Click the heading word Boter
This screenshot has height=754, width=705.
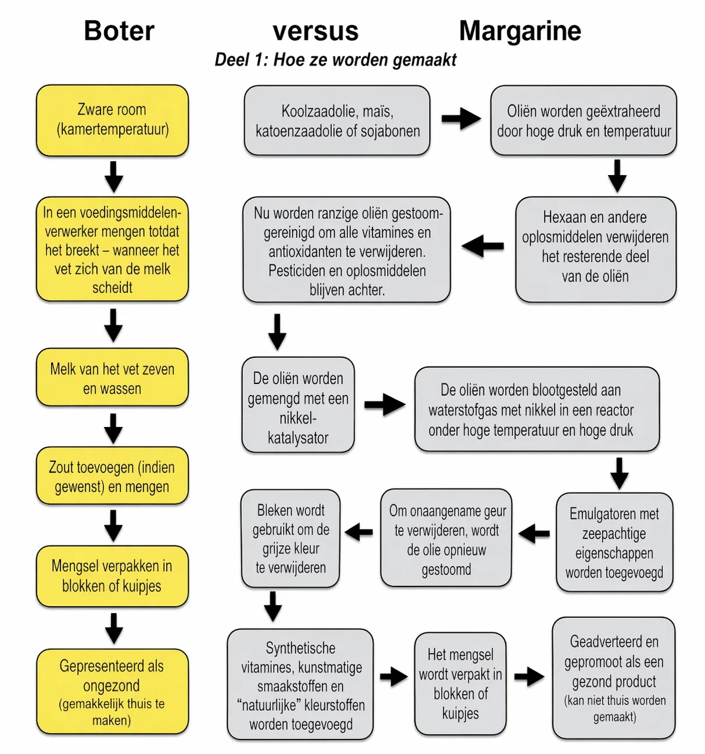[x=119, y=31]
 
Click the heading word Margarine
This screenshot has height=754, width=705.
[x=520, y=31]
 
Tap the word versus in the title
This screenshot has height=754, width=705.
[x=316, y=31]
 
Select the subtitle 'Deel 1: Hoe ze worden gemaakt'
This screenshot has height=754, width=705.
[x=335, y=59]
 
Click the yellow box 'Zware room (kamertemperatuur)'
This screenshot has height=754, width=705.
[x=112, y=120]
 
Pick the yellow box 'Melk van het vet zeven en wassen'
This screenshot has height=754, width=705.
[x=112, y=378]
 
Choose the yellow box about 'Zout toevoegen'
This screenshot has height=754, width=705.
[x=112, y=476]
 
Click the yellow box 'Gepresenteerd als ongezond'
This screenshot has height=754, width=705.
[x=112, y=692]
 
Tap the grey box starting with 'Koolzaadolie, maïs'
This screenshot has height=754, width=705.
[x=337, y=120]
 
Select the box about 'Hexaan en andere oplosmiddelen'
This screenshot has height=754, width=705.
[x=596, y=249]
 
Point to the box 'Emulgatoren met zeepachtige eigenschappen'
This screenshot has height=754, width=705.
[x=614, y=542]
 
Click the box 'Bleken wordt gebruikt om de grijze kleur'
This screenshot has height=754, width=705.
[x=291, y=539]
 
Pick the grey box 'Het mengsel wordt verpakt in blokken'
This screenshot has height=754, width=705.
[x=460, y=684]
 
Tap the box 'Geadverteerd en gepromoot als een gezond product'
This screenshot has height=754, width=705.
[x=614, y=678]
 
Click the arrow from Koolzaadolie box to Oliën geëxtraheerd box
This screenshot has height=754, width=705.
[x=460, y=119]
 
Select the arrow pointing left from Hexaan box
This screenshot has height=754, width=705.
[x=482, y=246]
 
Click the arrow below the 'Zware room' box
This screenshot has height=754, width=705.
[x=113, y=176]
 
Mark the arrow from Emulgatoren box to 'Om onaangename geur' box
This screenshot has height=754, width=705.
[x=534, y=533]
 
